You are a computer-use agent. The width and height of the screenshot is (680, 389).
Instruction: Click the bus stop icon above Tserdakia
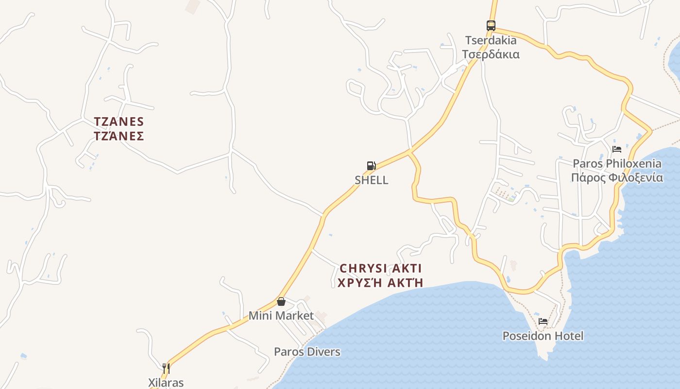tap(491, 26)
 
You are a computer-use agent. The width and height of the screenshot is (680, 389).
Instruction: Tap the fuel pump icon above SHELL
tap(372, 166)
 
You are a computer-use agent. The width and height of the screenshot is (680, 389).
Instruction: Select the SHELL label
tap(372, 180)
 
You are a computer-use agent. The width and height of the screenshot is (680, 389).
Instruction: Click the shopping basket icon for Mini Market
tap(281, 301)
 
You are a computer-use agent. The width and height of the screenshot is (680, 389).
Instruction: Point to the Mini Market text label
tap(281, 316)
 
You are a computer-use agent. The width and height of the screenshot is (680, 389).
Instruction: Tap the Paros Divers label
tap(307, 352)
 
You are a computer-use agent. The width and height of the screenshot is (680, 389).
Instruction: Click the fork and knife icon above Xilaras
tap(166, 368)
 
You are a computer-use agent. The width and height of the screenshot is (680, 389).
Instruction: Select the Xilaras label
tap(166, 383)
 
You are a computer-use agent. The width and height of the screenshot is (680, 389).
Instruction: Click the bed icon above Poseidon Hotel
tap(543, 321)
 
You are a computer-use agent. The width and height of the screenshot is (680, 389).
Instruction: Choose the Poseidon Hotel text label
tap(543, 336)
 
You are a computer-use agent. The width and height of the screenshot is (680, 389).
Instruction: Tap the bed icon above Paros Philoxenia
tap(617, 149)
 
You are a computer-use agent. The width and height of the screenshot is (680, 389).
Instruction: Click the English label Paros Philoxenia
tap(617, 163)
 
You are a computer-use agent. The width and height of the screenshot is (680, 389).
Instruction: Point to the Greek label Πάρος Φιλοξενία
tap(617, 177)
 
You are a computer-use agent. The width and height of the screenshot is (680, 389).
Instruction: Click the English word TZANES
tap(119, 121)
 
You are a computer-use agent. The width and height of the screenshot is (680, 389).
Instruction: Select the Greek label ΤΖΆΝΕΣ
tap(119, 136)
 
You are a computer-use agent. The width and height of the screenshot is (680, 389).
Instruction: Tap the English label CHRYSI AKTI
tap(381, 268)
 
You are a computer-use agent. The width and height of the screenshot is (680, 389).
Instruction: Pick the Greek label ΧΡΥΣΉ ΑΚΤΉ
tap(381, 283)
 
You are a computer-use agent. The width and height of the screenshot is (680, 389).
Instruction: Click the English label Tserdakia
tap(491, 40)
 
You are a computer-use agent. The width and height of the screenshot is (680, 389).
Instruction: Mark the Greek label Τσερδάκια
tap(491, 54)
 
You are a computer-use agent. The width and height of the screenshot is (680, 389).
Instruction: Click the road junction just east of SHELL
tap(410, 152)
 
